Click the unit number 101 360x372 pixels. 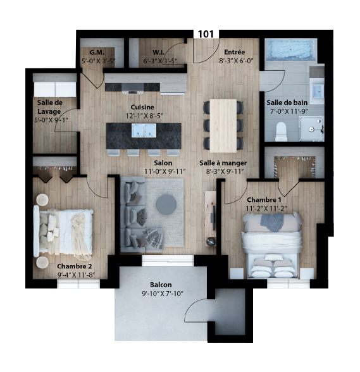[206, 34]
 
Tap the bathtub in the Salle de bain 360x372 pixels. [290, 50]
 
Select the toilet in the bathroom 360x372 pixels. [281, 132]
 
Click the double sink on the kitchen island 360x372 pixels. [144, 130]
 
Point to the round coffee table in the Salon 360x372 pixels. [166, 205]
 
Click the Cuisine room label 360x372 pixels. [142, 108]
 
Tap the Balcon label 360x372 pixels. [161, 285]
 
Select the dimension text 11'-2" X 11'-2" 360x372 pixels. [266, 209]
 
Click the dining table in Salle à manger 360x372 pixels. [223, 126]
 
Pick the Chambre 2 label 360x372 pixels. [75, 266]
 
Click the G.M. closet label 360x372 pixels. [97, 52]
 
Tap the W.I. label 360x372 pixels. [159, 52]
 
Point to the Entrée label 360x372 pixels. [235, 52]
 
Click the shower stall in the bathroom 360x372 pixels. [311, 128]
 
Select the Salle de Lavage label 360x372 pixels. [49, 107]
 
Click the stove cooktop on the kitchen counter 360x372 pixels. [132, 89]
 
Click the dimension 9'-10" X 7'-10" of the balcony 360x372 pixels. [163, 294]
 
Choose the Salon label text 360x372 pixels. [163, 163]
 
